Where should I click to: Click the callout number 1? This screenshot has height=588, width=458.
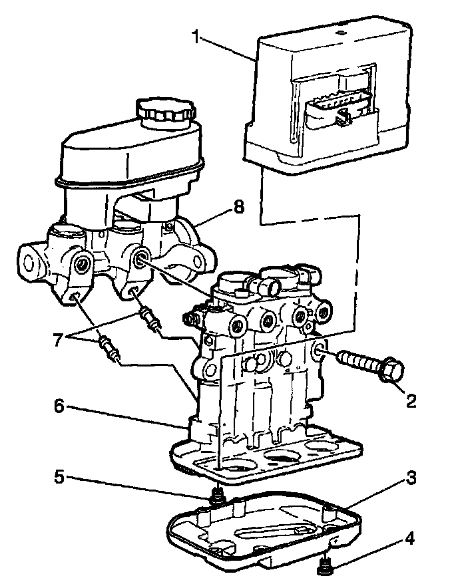tap(196, 36)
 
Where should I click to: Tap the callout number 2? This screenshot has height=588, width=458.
tap(411, 400)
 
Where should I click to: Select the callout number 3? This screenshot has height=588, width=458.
tap(412, 478)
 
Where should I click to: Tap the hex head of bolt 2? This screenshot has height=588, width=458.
tap(389, 371)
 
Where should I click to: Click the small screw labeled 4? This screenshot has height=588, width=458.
tap(326, 567)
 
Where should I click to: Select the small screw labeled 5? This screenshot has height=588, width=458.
tap(216, 495)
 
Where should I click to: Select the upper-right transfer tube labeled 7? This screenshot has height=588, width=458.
tap(150, 317)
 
